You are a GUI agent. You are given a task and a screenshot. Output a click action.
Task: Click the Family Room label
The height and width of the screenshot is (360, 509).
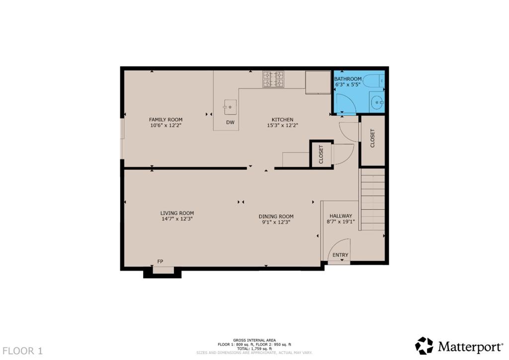click(166, 120)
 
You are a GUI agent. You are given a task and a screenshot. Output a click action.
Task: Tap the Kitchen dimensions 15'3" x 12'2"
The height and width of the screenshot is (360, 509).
click(282, 126)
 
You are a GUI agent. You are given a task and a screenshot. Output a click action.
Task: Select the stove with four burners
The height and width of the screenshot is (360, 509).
click(273, 79)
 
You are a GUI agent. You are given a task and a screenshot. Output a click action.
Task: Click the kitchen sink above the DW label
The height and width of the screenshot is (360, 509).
click(230, 106)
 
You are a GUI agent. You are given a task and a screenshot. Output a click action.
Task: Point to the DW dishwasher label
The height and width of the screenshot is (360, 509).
click(230, 122)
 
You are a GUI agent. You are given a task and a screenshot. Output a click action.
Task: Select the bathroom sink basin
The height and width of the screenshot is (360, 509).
click(377, 103)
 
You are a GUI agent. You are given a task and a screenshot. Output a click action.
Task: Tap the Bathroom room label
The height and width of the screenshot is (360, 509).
click(347, 79)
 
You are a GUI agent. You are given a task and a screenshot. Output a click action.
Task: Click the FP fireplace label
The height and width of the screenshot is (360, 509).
click(160, 261)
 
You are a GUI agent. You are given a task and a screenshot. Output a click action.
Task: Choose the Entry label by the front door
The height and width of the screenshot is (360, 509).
click(340, 255)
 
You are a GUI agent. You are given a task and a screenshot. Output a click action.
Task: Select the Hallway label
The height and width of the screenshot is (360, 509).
click(340, 216)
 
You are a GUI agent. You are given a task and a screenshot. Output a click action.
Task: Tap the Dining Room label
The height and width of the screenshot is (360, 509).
click(276, 216)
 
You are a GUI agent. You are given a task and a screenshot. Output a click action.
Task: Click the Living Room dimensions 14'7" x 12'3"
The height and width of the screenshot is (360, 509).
click(176, 219)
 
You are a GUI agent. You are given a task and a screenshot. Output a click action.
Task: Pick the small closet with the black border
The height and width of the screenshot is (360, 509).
click(321, 154)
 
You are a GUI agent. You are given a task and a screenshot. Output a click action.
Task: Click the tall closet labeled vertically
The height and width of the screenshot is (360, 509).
click(372, 139)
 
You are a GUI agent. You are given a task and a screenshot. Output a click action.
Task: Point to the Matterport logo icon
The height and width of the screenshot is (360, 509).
click(424, 345)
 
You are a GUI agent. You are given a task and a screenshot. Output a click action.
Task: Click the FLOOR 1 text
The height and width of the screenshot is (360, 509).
click(21, 351)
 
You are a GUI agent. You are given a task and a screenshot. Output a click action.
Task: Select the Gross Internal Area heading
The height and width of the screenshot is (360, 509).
click(254, 340)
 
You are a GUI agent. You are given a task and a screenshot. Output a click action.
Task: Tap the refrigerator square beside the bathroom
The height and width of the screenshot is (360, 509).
click(318, 82)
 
